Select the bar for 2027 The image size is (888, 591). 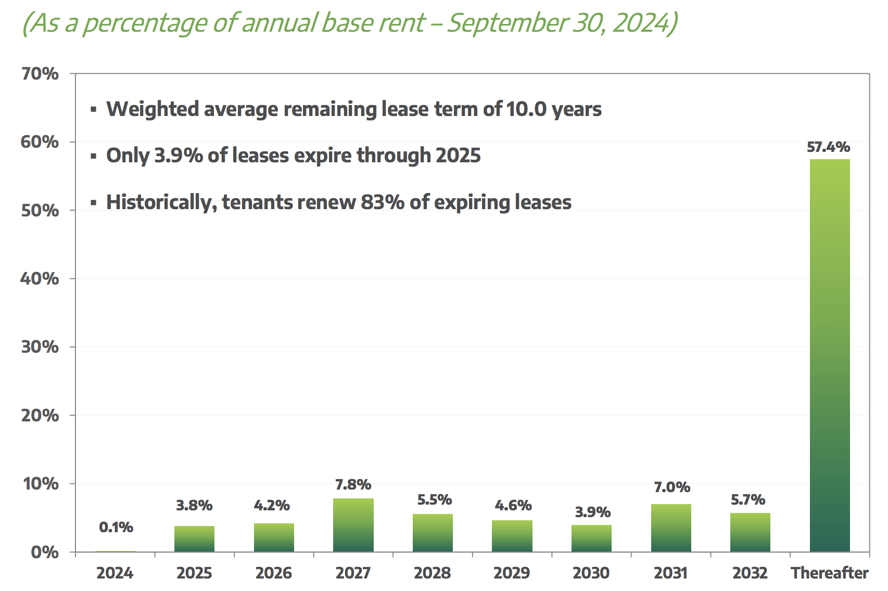(353, 525)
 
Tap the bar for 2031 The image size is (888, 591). (671, 528)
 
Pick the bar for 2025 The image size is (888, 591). (194, 538)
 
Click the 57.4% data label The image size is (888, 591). (829, 147)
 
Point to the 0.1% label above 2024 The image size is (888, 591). (116, 528)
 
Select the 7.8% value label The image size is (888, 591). (353, 485)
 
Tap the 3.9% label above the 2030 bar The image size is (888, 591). (592, 512)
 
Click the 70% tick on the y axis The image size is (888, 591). (40, 74)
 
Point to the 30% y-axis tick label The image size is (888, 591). (40, 347)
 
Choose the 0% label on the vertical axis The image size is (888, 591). (45, 552)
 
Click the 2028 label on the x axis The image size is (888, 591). (433, 573)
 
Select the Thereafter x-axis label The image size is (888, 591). (830, 573)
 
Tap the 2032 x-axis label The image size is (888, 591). (750, 573)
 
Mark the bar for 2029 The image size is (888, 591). (512, 536)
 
